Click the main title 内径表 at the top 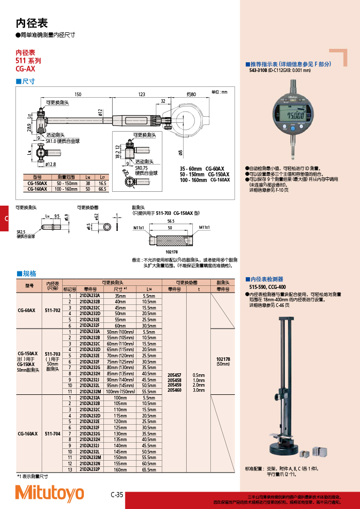(x=31, y=23)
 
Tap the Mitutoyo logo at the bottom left (x=49, y=493)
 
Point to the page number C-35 (x=117, y=495)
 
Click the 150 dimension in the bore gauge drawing (x=78, y=95)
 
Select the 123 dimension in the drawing (x=142, y=95)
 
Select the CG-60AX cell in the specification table (x=26, y=311)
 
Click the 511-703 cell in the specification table (x=52, y=354)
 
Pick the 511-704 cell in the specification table (x=52, y=433)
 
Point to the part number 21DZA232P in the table (x=90, y=469)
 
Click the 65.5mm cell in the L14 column (x=149, y=469)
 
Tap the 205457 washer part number (x=174, y=375)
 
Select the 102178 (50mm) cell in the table (x=223, y=361)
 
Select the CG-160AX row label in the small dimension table (x=37, y=189)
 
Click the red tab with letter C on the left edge (x=5, y=219)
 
